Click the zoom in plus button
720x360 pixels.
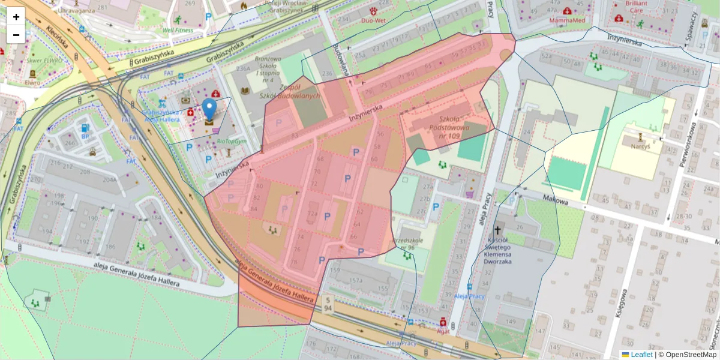16,17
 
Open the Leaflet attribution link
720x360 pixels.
641,355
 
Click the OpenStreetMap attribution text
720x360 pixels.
687,355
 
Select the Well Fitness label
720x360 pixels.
178,29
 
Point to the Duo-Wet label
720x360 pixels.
373,20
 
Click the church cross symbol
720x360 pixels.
497,230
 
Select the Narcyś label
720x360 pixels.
640,145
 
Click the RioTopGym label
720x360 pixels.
232,142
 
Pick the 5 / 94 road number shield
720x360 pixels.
327,304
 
